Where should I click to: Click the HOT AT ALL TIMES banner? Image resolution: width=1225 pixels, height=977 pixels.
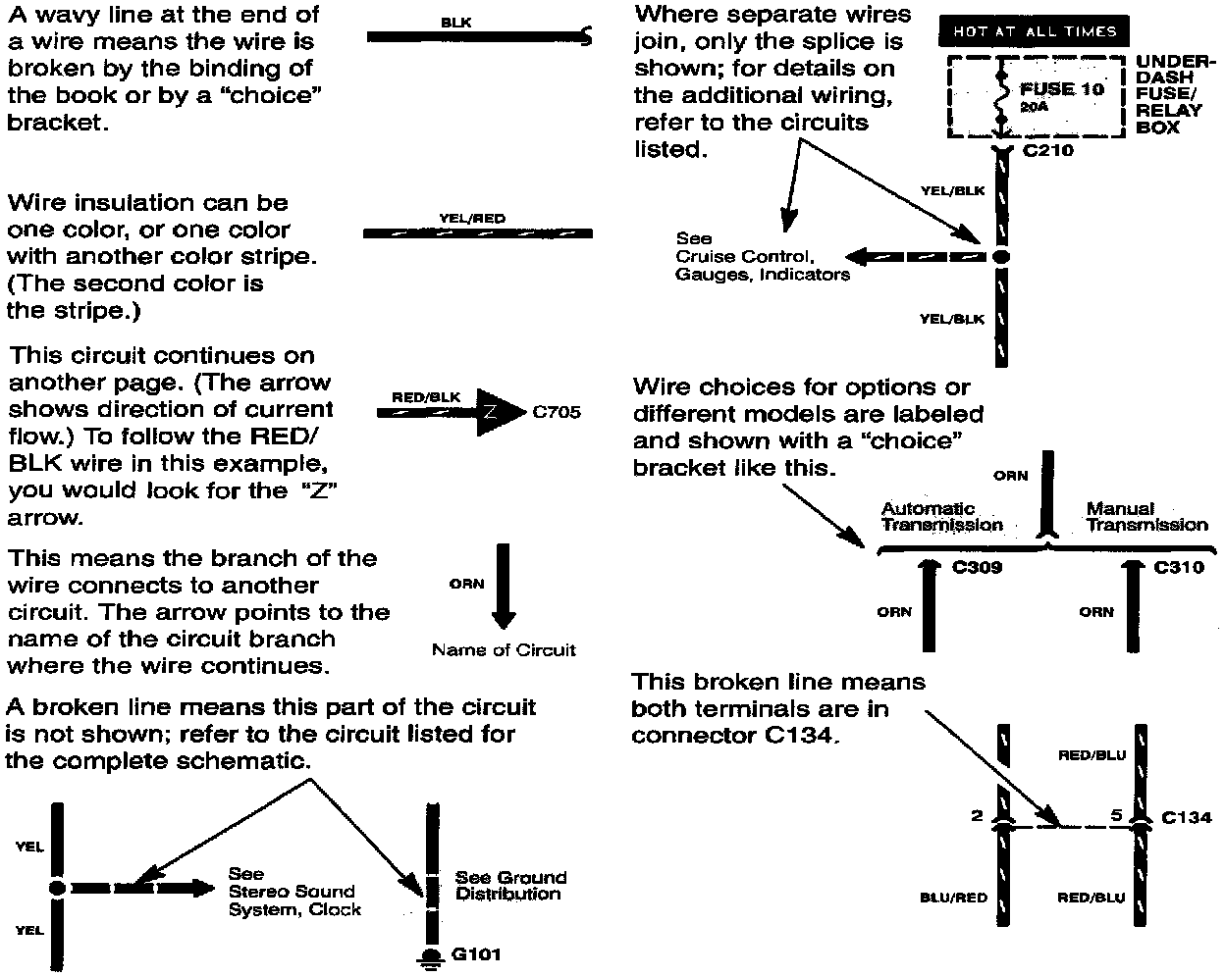(x=1035, y=31)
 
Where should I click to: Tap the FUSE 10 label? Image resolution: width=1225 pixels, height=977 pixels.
(x=1062, y=88)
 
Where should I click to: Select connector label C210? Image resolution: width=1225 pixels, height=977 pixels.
(x=1048, y=151)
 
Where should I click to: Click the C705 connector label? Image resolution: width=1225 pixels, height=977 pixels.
(x=557, y=412)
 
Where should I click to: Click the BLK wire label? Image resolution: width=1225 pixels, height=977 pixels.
(x=455, y=22)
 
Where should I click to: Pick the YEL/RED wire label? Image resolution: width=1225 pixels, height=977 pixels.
(x=472, y=219)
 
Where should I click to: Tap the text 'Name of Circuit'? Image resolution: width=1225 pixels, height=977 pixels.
(x=504, y=649)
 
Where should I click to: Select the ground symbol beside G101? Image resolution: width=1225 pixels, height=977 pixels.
(x=430, y=957)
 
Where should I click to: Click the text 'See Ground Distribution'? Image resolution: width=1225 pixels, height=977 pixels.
(x=510, y=886)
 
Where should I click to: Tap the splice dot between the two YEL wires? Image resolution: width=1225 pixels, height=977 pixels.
(x=57, y=888)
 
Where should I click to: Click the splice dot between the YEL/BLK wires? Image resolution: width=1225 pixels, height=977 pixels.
(x=1000, y=256)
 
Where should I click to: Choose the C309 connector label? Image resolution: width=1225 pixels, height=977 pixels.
(x=978, y=567)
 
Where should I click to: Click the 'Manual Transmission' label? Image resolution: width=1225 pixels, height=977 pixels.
(x=1145, y=517)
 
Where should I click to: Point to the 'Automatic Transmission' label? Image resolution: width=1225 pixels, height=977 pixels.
(x=941, y=517)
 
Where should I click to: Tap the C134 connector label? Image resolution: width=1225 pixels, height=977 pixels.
(x=1186, y=817)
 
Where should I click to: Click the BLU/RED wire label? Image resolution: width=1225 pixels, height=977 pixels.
(x=953, y=898)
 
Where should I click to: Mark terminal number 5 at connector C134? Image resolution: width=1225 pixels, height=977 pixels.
(x=1116, y=814)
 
